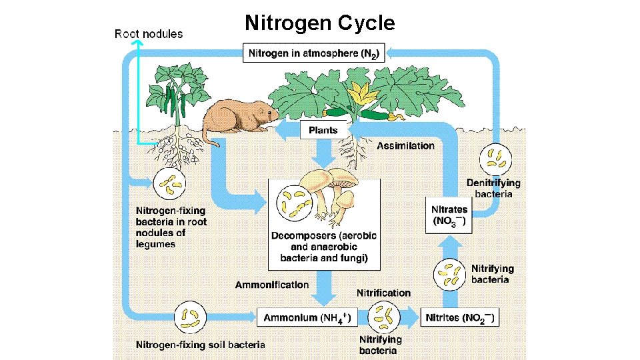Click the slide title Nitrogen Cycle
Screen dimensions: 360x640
click(319, 23)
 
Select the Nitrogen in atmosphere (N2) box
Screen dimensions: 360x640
click(314, 53)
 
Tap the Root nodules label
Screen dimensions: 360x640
click(149, 33)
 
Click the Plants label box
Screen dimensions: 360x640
click(323, 130)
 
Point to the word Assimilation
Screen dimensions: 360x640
click(405, 145)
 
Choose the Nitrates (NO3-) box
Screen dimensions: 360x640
click(449, 215)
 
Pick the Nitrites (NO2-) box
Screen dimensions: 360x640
click(460, 317)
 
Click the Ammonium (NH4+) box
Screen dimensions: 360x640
click(304, 317)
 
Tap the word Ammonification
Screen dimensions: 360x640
click(272, 285)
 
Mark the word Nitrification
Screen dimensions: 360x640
click(383, 293)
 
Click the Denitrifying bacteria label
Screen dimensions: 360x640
click(493, 188)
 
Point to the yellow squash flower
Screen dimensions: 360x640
click(369, 99)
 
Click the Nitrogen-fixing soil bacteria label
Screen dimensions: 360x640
click(200, 345)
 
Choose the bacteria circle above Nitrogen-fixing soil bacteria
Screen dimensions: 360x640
click(190, 317)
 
